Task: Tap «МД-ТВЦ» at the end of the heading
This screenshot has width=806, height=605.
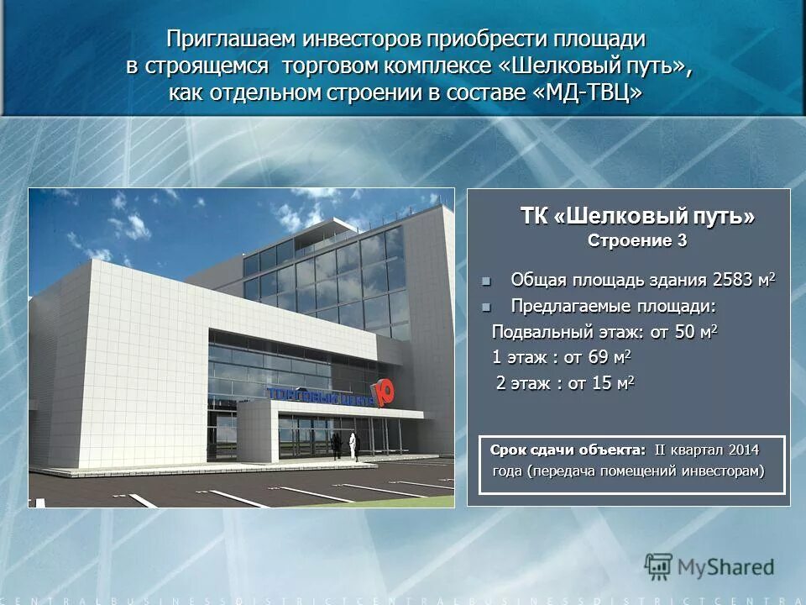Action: point(588,93)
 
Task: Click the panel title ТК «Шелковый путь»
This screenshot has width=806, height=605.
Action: point(637,217)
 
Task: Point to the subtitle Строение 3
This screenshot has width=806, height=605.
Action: point(637,241)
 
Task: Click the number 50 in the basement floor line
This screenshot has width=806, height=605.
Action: point(685,332)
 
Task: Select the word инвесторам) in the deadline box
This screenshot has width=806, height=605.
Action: point(724,471)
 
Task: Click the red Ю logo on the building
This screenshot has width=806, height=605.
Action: point(384,393)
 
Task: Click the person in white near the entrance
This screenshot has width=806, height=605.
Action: point(353,445)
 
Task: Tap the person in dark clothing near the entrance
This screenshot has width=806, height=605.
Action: point(336,445)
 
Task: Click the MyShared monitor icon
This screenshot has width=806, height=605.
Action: point(658,566)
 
